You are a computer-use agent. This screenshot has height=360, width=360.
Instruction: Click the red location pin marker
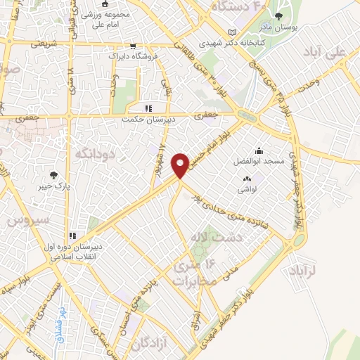point(181,165)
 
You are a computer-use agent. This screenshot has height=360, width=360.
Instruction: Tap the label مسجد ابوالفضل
point(261,161)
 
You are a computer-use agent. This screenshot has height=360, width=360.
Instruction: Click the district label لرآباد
point(323,270)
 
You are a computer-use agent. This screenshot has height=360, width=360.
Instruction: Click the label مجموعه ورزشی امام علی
point(105,19)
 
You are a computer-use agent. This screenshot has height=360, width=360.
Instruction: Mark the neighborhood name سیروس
point(27,219)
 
